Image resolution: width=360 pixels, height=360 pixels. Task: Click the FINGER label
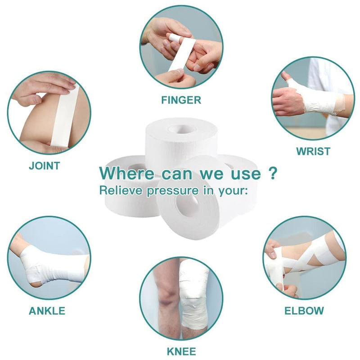tap(181, 100)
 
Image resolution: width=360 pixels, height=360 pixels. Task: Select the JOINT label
tap(44, 165)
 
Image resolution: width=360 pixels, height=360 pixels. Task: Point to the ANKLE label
tap(47, 310)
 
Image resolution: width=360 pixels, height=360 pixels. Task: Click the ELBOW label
tap(304, 310)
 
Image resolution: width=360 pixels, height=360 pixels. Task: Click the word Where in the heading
tap(126, 173)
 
